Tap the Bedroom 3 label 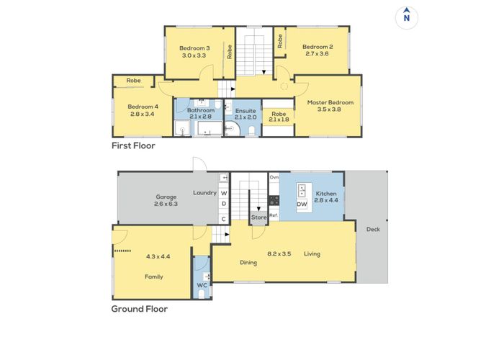pos(194,48)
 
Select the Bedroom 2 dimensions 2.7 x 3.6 pos(317,54)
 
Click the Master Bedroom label pos(328,103)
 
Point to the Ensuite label pos(245,110)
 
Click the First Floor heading pos(133,145)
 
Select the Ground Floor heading pos(139,310)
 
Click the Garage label pos(166,196)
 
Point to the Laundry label pos(204,193)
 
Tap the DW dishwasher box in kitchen pos(302,204)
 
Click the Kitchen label pos(325,194)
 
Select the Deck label pos(372,230)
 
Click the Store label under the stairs pos(258,217)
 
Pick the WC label pos(202,286)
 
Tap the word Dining pos(248,263)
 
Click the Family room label pos(153,276)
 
